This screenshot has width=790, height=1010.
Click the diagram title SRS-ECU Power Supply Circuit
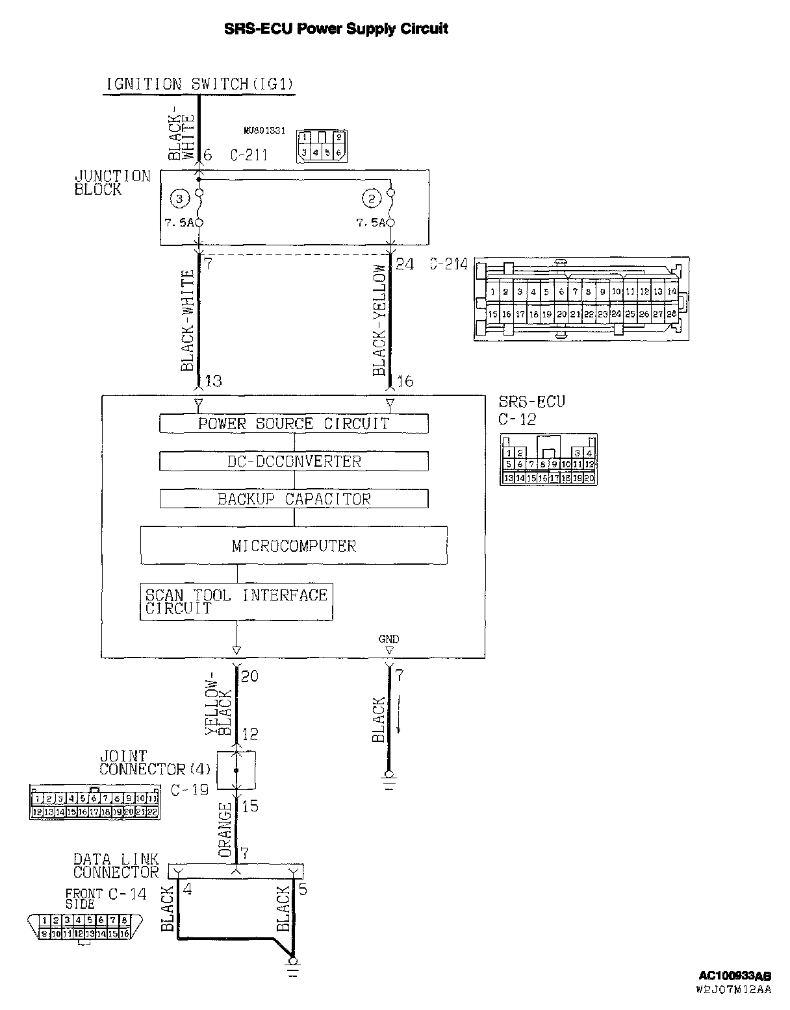336,29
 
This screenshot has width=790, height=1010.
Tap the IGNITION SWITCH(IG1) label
199,84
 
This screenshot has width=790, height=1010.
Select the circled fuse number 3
179,198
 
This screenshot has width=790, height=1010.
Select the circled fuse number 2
371,198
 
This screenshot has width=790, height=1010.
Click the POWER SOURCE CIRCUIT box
294,424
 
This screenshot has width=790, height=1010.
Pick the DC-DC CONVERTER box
294,462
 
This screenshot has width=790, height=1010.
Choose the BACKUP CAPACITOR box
294,499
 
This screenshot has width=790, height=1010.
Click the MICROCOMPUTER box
294,545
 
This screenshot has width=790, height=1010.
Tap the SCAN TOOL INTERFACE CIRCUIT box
236,602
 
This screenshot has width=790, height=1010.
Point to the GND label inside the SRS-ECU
389,639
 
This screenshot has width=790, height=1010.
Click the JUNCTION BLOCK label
112,182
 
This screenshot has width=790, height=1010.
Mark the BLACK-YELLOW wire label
380,321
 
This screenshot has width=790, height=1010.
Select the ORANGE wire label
225,830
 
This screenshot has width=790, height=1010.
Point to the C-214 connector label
448,265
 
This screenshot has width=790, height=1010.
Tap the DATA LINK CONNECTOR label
116,866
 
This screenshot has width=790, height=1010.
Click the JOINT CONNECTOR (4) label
155,763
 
